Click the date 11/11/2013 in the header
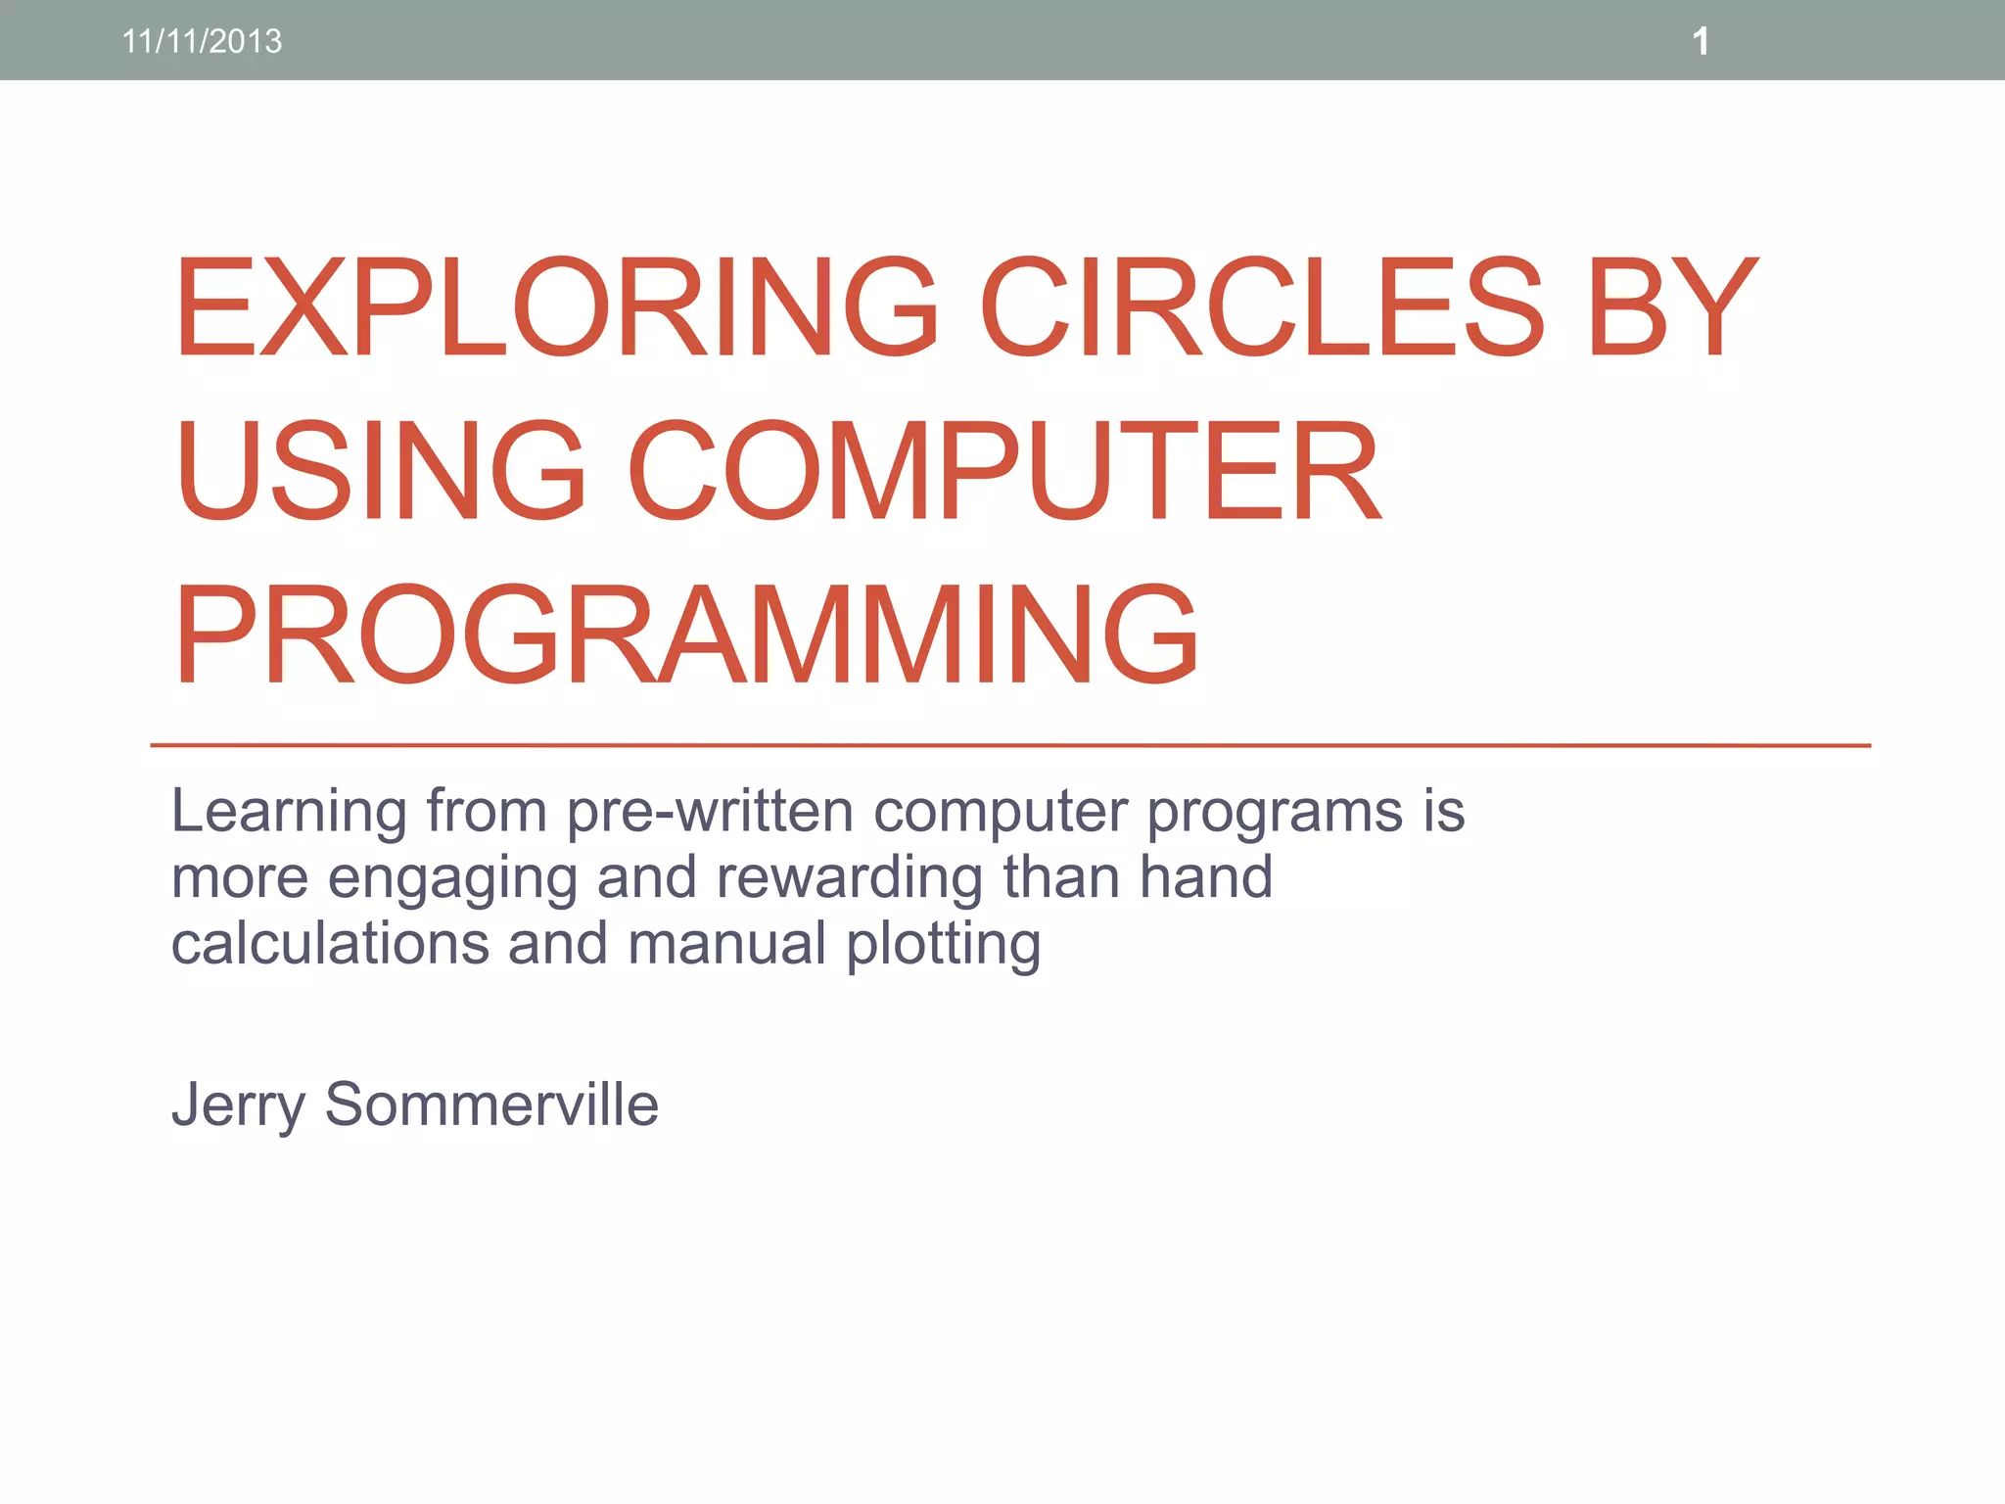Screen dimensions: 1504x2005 202,41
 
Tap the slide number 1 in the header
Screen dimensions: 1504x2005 1701,41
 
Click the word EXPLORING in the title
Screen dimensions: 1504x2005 556,306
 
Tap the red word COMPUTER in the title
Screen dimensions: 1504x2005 1003,470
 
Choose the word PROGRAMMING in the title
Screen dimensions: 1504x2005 685,634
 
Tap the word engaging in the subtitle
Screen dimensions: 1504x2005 452,879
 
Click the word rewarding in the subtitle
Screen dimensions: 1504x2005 849,879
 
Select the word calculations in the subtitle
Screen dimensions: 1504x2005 330,943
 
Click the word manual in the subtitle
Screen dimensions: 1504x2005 727,943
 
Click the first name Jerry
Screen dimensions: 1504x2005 238,1106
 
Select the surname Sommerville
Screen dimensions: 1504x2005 491,1104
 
